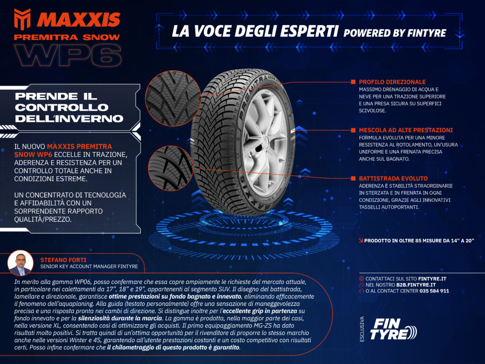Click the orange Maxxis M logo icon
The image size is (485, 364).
pyautogui.click(x=22, y=19)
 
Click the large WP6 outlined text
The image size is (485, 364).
pyautogui.click(x=68, y=55)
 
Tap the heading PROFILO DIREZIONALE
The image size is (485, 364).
pyautogui.click(x=392, y=82)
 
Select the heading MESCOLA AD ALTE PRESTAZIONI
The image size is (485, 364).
pyautogui.click(x=406, y=130)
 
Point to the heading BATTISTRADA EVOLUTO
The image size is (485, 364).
pyautogui.click(x=393, y=179)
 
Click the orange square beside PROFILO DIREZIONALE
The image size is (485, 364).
pyautogui.click(x=353, y=82)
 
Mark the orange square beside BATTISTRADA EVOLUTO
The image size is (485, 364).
pyautogui.click(x=353, y=178)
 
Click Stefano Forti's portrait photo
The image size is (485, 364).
pyautogui.click(x=20, y=263)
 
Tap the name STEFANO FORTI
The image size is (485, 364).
pyautogui.click(x=63, y=260)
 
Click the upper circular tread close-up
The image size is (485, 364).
pyautogui.click(x=173, y=98)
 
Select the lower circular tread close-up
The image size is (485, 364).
pyautogui.click(x=171, y=168)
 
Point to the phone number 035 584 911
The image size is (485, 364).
pyautogui.click(x=434, y=291)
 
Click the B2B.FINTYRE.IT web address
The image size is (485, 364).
pyautogui.click(x=416, y=285)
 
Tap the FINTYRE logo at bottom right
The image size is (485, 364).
pyautogui.click(x=393, y=329)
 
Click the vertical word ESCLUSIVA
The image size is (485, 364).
pyautogui.click(x=362, y=329)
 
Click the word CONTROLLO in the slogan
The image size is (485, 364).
pyautogui.click(x=62, y=108)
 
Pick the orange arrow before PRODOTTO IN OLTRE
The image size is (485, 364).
pyautogui.click(x=360, y=240)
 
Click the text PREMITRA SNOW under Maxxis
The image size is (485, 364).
pyautogui.click(x=67, y=37)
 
